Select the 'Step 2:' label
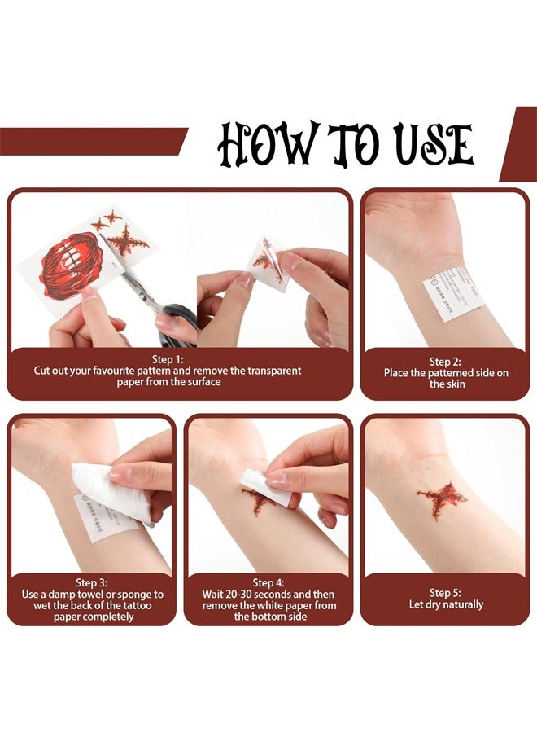(x=446, y=362)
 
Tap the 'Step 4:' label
(x=268, y=582)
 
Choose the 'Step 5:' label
(x=446, y=593)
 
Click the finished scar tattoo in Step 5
(x=441, y=496)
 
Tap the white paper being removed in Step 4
(x=267, y=488)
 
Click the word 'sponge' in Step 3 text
(x=136, y=594)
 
